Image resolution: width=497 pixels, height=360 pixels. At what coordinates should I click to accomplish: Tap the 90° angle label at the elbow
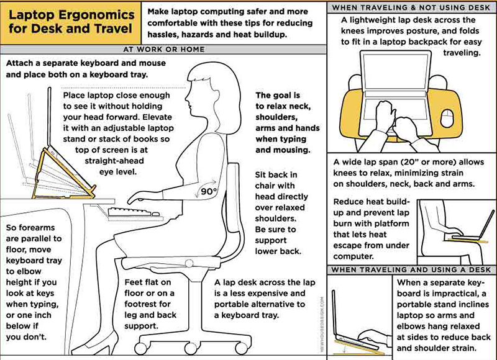pos(206,192)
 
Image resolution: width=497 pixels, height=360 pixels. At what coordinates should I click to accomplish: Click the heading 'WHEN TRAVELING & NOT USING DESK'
pos(413,7)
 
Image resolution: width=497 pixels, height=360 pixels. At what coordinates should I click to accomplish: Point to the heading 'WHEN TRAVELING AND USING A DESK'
pos(413,270)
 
